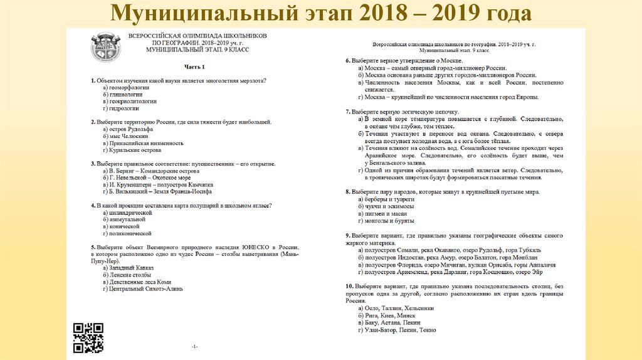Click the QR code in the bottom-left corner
click(x=88, y=337)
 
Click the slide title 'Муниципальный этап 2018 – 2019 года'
click(x=320, y=13)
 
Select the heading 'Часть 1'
click(x=194, y=66)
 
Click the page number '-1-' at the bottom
click(x=195, y=346)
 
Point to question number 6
click(x=348, y=61)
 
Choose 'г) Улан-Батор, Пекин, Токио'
click(x=397, y=330)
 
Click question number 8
click(x=348, y=191)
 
